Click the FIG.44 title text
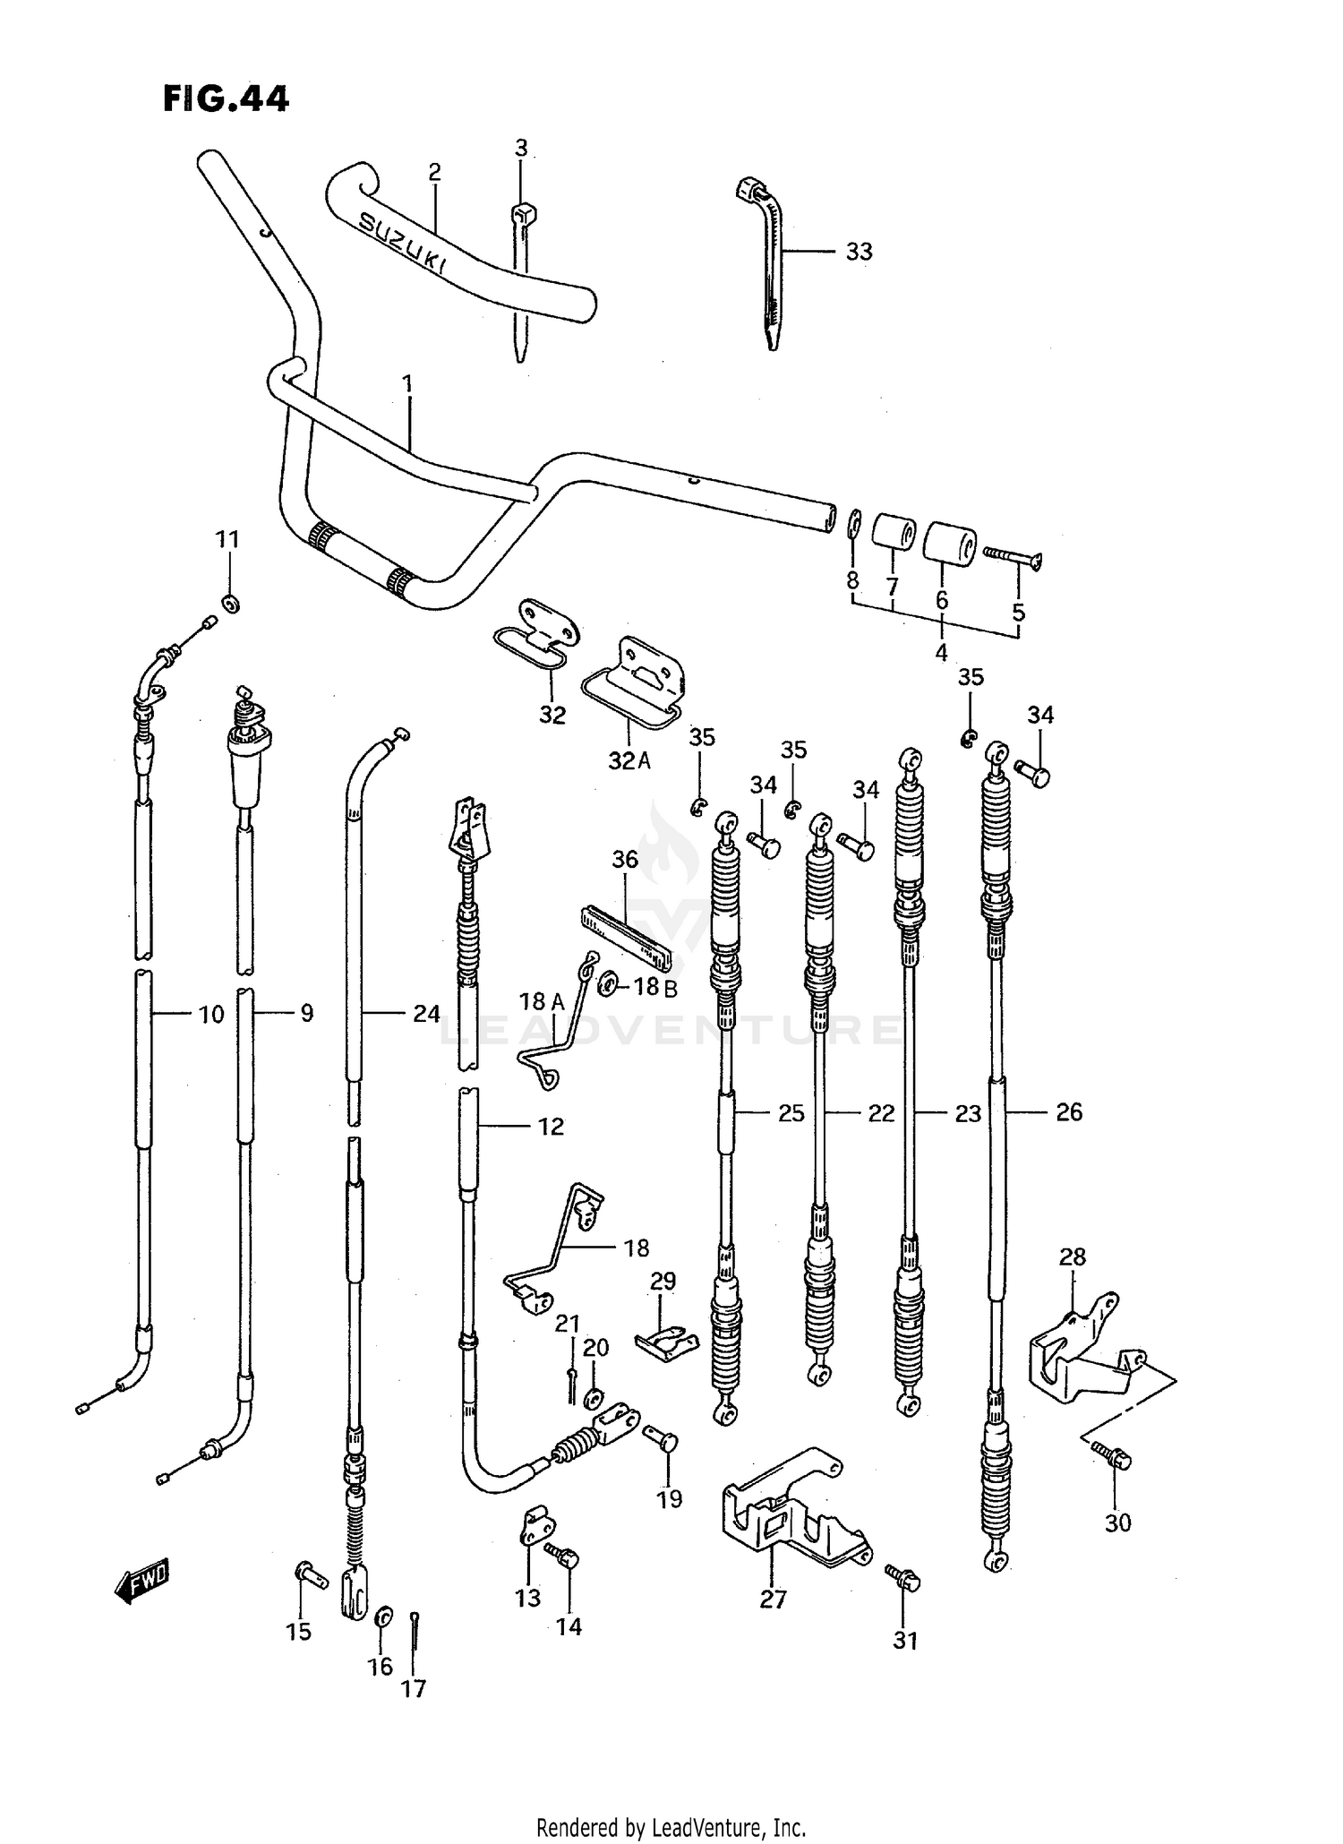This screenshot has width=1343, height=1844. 226,99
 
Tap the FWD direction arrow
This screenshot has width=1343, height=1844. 141,1582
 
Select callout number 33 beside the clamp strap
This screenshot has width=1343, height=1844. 858,252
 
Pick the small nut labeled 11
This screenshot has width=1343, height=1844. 229,605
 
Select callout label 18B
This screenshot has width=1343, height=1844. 657,987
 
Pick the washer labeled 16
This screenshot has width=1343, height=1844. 383,1615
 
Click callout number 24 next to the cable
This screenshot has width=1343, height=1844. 426,1014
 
